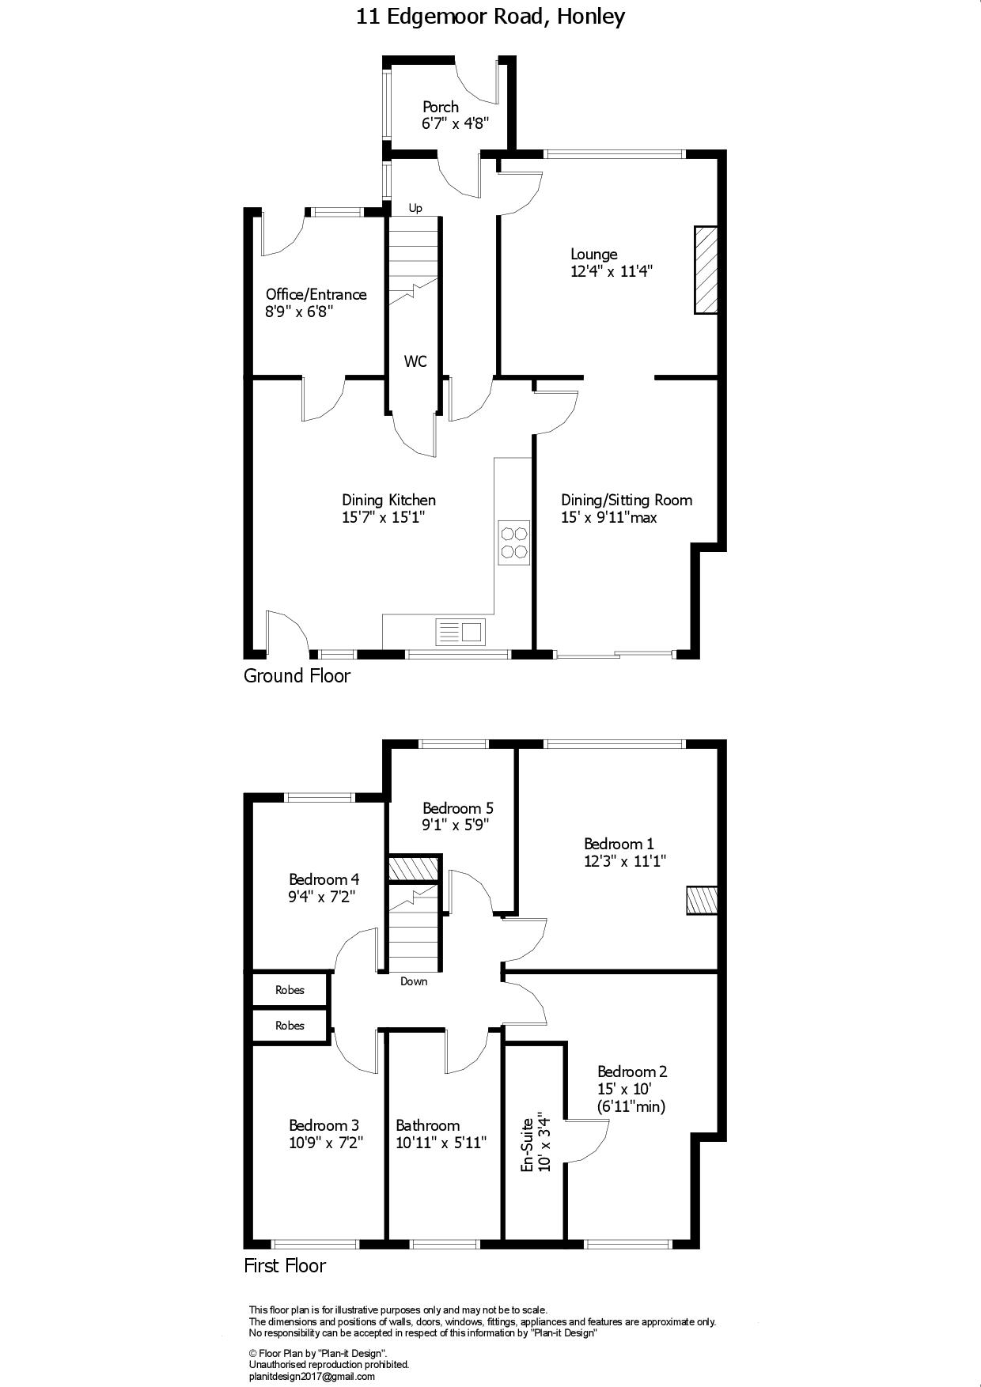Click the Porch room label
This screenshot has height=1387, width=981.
[x=441, y=107]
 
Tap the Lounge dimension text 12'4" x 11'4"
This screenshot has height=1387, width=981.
[x=612, y=271]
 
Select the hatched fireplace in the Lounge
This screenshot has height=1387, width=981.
[x=706, y=270]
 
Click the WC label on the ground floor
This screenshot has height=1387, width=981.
[x=415, y=361]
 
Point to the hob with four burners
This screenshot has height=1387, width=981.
[x=514, y=542]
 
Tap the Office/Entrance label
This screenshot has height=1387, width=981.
[x=316, y=294]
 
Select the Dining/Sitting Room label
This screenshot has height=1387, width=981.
[x=627, y=500]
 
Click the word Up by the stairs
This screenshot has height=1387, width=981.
[x=415, y=208]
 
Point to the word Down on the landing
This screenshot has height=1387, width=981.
[x=414, y=981]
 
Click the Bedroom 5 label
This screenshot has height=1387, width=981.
[x=458, y=808]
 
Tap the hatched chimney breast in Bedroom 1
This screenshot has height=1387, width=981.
[x=702, y=900]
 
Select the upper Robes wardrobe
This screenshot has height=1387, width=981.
[x=290, y=990]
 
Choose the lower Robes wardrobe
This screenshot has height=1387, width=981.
[x=290, y=1026]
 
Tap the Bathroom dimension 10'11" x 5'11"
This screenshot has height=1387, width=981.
[x=441, y=1143]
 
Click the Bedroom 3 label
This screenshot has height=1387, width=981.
[x=324, y=1125]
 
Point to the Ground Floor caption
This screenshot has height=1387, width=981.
[x=297, y=676]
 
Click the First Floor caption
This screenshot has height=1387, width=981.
[x=285, y=1266]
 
